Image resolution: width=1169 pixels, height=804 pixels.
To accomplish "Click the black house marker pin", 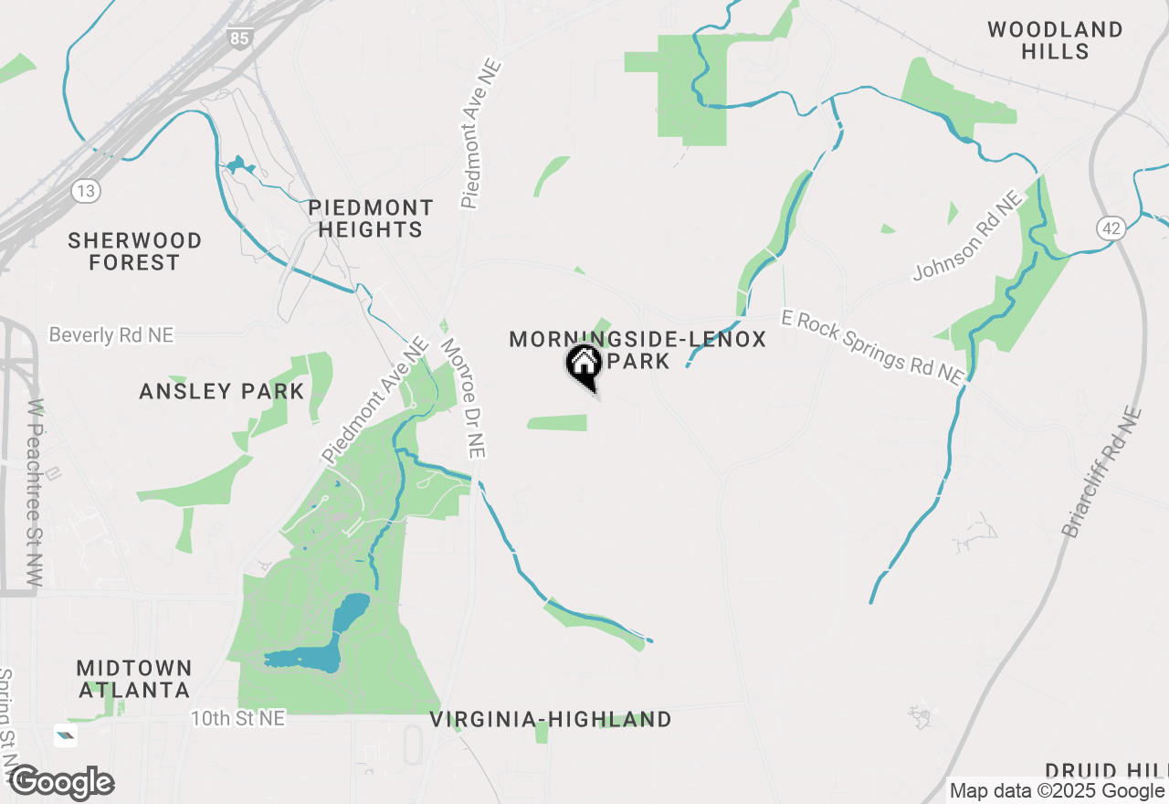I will pyautogui.click(x=584, y=365).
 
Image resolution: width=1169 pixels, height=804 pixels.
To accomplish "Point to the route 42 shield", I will pyautogui.click(x=1111, y=228).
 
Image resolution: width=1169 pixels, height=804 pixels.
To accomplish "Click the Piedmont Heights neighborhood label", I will pyautogui.click(x=370, y=218).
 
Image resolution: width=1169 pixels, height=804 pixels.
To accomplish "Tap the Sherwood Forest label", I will pyautogui.click(x=135, y=251).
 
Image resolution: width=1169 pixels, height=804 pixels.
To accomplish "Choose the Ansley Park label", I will pyautogui.click(x=221, y=392).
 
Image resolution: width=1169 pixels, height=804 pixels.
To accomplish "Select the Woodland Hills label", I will pyautogui.click(x=1055, y=40).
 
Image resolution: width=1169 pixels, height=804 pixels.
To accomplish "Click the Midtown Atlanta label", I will pyautogui.click(x=134, y=679).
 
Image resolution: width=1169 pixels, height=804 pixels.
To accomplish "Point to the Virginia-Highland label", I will pyautogui.click(x=551, y=720).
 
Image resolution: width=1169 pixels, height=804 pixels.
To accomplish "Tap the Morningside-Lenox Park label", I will pyautogui.click(x=637, y=349).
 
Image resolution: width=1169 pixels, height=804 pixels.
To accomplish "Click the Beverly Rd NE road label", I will pyautogui.click(x=111, y=335).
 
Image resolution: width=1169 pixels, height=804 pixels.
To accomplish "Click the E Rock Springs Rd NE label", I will pyautogui.click(x=872, y=346).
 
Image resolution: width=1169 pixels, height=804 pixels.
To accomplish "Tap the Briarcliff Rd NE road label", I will pyautogui.click(x=1101, y=472).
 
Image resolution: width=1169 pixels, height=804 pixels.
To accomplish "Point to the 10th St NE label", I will pyautogui.click(x=237, y=719).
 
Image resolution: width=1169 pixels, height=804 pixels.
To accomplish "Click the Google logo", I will pyautogui.click(x=62, y=782).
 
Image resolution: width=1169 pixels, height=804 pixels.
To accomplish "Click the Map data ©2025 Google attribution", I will pyautogui.click(x=1057, y=791).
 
